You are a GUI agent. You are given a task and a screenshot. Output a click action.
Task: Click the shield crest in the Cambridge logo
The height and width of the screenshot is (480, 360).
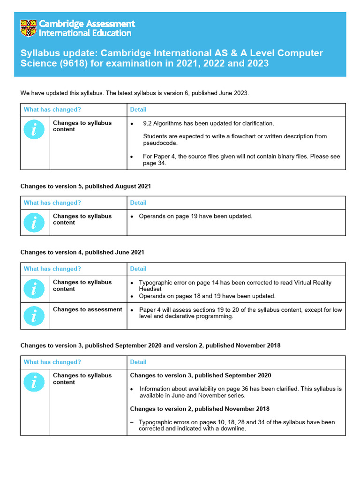pyautogui.click(x=29, y=28)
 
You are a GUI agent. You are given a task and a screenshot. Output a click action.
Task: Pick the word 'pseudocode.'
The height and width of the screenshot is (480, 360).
pyautogui.click(x=160, y=143)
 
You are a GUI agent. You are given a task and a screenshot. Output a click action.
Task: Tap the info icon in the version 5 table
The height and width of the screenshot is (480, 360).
pyautogui.click(x=35, y=223)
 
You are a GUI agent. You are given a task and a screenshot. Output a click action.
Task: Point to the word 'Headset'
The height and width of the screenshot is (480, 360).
pyautogui.click(x=150, y=289)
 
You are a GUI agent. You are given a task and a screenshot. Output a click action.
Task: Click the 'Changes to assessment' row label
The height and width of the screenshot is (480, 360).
pyautogui.click(x=88, y=309)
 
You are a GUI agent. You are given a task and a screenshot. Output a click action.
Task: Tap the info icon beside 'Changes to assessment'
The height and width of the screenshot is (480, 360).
pyautogui.click(x=35, y=316)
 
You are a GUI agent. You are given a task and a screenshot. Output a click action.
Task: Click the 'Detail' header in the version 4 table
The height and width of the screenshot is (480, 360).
pyautogui.click(x=138, y=269)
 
